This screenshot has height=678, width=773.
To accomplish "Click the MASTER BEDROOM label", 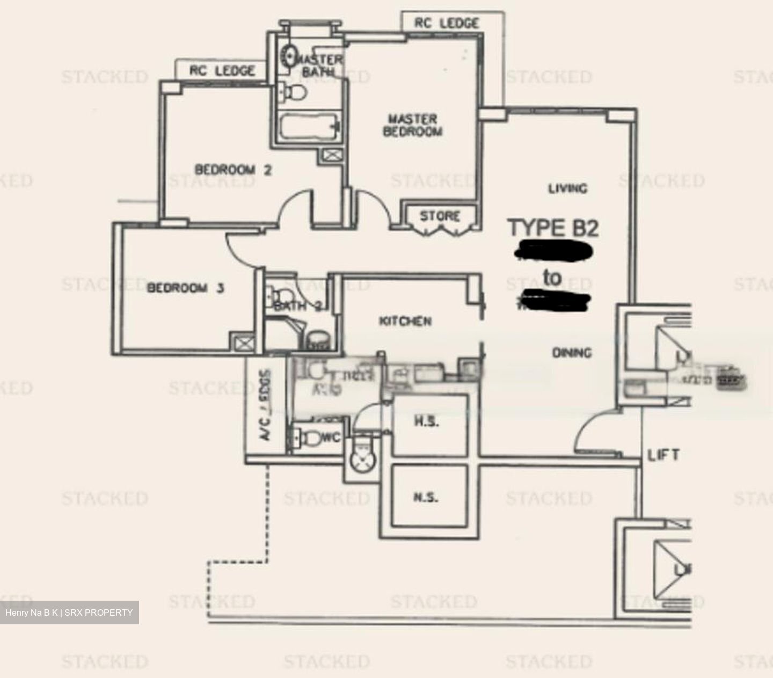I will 412,125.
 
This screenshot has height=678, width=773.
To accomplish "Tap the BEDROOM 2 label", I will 233,170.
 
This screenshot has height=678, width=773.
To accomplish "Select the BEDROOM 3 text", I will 185,288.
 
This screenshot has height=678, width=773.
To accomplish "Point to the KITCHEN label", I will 405,321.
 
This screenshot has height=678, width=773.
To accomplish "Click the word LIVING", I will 567,188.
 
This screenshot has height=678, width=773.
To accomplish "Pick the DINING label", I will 572,353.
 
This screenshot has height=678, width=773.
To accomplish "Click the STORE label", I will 440,216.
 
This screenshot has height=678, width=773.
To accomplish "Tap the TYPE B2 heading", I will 553,228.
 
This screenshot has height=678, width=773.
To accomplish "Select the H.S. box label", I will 427,422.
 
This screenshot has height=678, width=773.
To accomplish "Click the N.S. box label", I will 426,498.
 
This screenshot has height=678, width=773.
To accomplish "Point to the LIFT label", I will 663,455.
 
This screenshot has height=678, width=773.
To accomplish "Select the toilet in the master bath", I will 293,92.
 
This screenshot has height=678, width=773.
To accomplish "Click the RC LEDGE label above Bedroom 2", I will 222,71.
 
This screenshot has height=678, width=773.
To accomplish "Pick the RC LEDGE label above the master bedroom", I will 446,23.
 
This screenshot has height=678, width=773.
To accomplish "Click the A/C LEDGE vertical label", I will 266,405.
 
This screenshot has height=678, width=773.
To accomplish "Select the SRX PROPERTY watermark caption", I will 69,613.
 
